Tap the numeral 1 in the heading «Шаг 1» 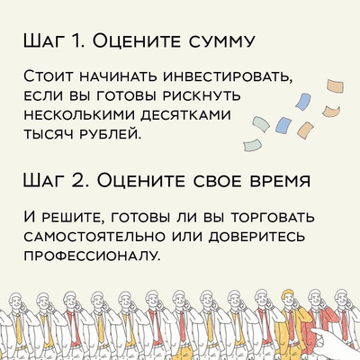76,40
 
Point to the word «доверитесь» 258,236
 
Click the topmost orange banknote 336,87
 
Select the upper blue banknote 302,102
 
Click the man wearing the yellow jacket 290,324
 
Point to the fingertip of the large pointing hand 312,332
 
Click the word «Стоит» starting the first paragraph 50,77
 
